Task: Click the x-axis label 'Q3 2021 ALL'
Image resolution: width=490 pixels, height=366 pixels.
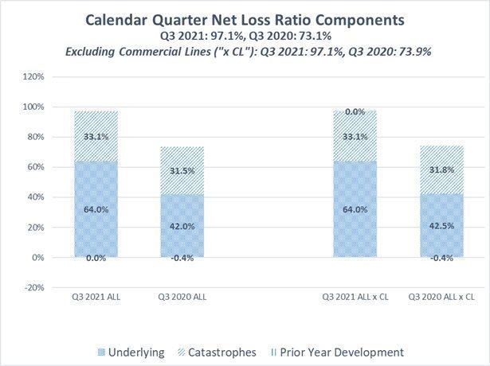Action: (x=97, y=297)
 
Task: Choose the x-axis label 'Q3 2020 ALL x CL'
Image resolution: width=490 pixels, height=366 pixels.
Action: (x=441, y=297)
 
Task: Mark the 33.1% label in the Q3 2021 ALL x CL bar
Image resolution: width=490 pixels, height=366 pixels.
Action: (x=355, y=136)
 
